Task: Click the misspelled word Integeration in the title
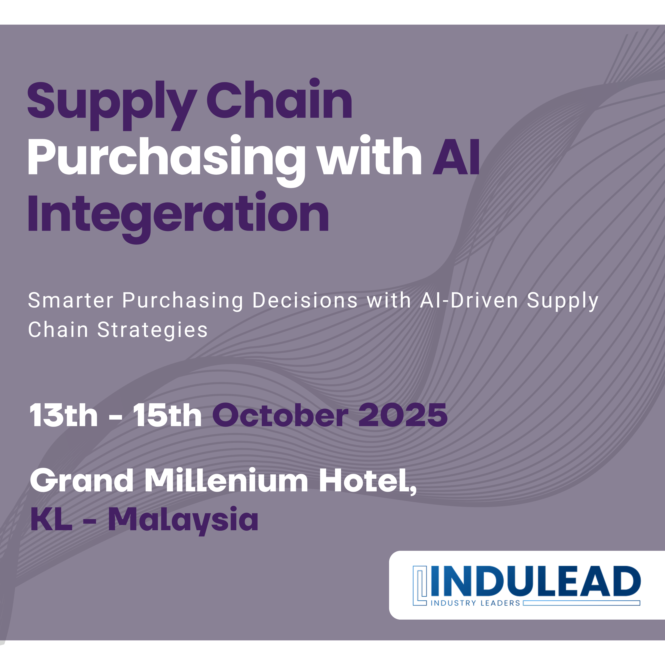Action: [x=178, y=217]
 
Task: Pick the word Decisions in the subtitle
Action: [x=305, y=300]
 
